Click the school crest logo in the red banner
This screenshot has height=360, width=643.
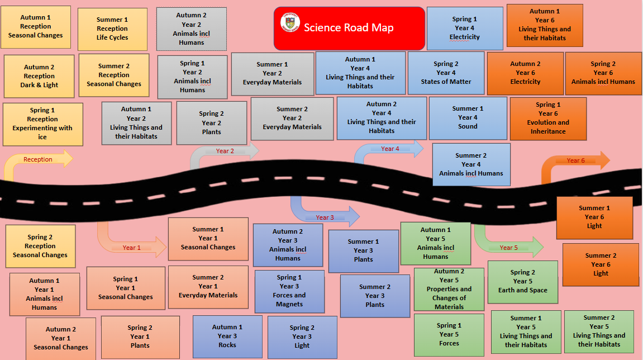[x=289, y=22]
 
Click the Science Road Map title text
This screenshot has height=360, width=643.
[x=356, y=27]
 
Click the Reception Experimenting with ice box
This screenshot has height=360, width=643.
[x=42, y=124]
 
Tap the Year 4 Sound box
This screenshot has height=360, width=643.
[x=468, y=118]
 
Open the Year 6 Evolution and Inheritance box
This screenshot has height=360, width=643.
[x=548, y=119]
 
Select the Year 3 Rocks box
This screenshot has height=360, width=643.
[x=227, y=337]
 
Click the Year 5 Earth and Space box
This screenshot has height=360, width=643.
[x=522, y=282]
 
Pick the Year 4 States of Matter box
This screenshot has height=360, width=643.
[x=446, y=73]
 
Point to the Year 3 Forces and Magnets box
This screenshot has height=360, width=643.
[x=289, y=291]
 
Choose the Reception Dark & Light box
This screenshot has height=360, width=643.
[x=39, y=77]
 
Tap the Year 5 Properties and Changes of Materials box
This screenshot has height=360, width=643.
[x=449, y=290]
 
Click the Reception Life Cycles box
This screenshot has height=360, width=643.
[x=112, y=29]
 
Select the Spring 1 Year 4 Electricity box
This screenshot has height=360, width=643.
[x=464, y=29]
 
